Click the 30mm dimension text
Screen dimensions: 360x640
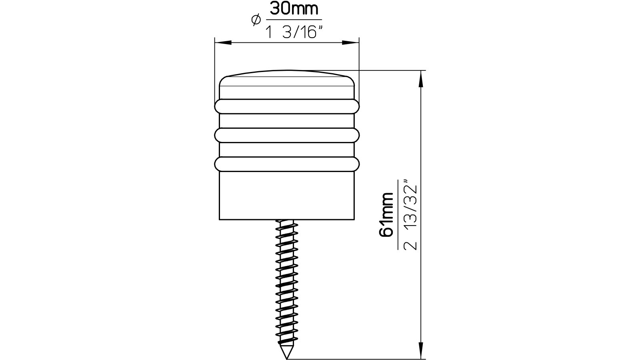pyautogui.click(x=294, y=9)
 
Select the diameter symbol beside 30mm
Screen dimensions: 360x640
pyautogui.click(x=256, y=20)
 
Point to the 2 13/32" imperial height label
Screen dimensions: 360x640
pyautogui.click(x=411, y=216)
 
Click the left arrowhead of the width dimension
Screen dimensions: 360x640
pyautogui.click(x=222, y=42)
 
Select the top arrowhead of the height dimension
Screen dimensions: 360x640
pyautogui.click(x=420, y=78)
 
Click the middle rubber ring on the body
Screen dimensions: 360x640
pyautogui.click(x=287, y=135)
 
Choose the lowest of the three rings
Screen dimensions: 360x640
pyautogui.click(x=287, y=164)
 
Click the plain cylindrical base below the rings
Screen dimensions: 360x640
pyautogui.click(x=287, y=196)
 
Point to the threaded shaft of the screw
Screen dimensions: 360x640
pyautogui.click(x=286, y=280)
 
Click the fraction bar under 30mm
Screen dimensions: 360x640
pyautogui.click(x=294, y=20)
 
